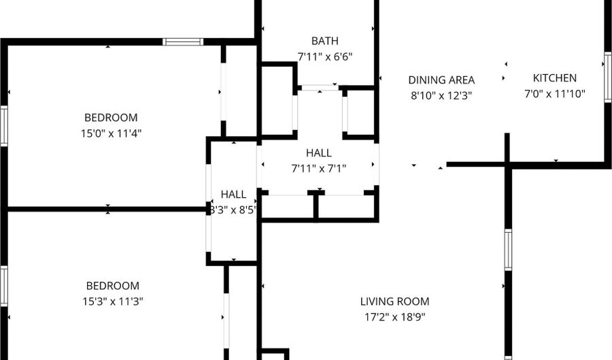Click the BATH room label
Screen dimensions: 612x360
coord(325,41)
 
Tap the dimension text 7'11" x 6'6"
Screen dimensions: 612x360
coord(325,56)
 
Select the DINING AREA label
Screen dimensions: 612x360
coord(441,80)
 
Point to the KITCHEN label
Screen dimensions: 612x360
coord(555,78)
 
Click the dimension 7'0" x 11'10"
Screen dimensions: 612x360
coord(555,94)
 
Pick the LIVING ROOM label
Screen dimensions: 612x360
coord(394,301)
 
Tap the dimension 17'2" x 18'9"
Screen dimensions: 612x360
coord(394,317)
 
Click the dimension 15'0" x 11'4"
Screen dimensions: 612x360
coord(112,133)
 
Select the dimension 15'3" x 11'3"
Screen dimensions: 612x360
coord(113,301)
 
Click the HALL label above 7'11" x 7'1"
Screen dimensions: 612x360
coord(319,152)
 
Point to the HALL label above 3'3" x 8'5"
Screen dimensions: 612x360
coord(233,194)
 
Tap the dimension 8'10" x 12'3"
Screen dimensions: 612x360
coord(441,96)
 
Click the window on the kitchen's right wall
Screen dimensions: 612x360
coord(608,77)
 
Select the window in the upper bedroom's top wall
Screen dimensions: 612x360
coord(183,42)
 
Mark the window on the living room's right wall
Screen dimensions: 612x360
coord(508,250)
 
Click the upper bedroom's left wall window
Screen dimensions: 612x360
coord(4,126)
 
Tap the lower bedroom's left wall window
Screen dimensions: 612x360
coord(4,287)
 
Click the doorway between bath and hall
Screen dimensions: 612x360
coord(320,88)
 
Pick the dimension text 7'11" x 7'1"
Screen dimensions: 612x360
coord(319,169)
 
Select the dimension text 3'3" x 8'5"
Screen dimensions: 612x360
coord(233,210)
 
